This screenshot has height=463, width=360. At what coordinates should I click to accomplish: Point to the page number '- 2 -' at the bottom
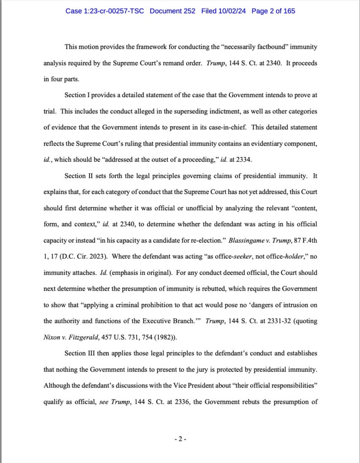tap(180, 439)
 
